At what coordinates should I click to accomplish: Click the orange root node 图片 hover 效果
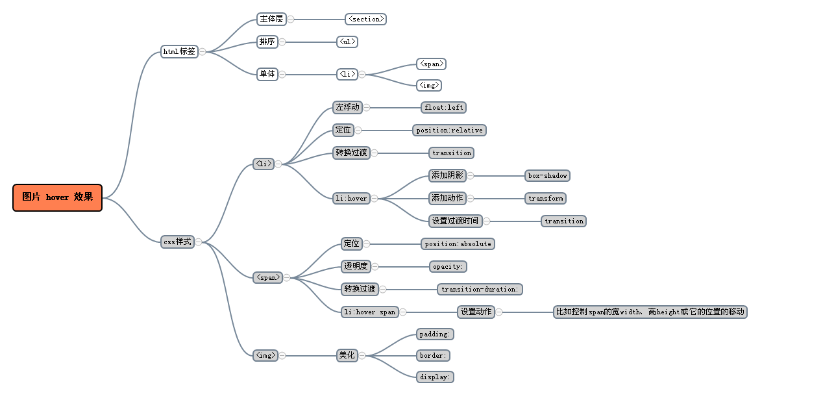tap(57, 197)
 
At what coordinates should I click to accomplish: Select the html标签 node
tap(179, 51)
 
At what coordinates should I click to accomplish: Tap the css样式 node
tap(177, 242)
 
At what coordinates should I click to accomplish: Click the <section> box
tap(365, 19)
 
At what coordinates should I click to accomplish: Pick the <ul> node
tap(347, 42)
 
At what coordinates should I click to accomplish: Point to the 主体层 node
tap(271, 19)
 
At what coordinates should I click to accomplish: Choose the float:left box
tap(444, 108)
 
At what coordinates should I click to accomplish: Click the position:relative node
tap(449, 131)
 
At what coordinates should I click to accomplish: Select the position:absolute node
tap(458, 244)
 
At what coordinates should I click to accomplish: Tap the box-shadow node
tap(547, 176)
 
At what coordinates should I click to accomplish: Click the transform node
tap(545, 199)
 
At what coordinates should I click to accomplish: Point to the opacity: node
tap(448, 267)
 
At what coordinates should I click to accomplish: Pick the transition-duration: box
tap(480, 290)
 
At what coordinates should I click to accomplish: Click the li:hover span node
tap(369, 312)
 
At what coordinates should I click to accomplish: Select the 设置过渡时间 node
tap(455, 221)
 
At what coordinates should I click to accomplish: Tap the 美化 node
tap(347, 356)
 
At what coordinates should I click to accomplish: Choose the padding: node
tap(435, 334)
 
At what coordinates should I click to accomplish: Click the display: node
tap(435, 377)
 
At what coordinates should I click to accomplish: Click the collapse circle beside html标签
tap(203, 51)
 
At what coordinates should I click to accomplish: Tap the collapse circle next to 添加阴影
tap(471, 176)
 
